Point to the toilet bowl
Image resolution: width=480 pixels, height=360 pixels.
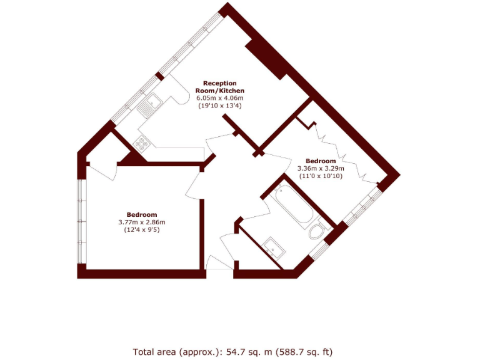coord(317,232)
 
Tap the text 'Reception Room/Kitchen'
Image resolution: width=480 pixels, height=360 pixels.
coord(219,86)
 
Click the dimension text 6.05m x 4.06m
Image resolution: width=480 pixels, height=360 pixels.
coord(220,98)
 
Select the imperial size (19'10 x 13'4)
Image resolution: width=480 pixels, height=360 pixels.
coord(220,106)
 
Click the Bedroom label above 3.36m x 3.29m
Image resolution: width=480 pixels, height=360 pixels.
coord(320,160)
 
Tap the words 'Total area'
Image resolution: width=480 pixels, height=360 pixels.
coord(152,351)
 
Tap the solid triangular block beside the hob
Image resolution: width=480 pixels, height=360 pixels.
coord(132,159)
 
